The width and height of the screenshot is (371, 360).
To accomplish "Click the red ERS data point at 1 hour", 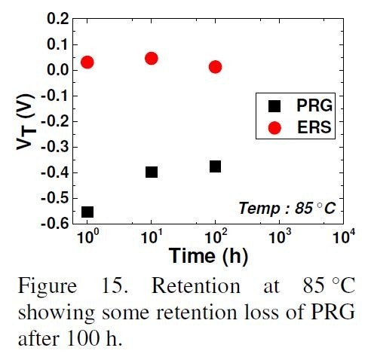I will (87, 62).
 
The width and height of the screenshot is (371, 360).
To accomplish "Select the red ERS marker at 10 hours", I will (151, 58).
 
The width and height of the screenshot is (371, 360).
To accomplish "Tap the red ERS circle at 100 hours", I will (215, 66).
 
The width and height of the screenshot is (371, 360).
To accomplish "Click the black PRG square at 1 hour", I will (87, 212).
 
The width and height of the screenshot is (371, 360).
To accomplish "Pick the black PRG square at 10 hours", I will (151, 172).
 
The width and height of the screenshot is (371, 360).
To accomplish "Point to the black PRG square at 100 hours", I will (215, 166).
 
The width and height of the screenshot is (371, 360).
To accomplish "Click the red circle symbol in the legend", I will (274, 128).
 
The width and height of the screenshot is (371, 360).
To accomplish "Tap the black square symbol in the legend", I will (274, 107).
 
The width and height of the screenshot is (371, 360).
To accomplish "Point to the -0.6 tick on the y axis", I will (58, 224).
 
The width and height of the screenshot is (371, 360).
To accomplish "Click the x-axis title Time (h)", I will (204, 256).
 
